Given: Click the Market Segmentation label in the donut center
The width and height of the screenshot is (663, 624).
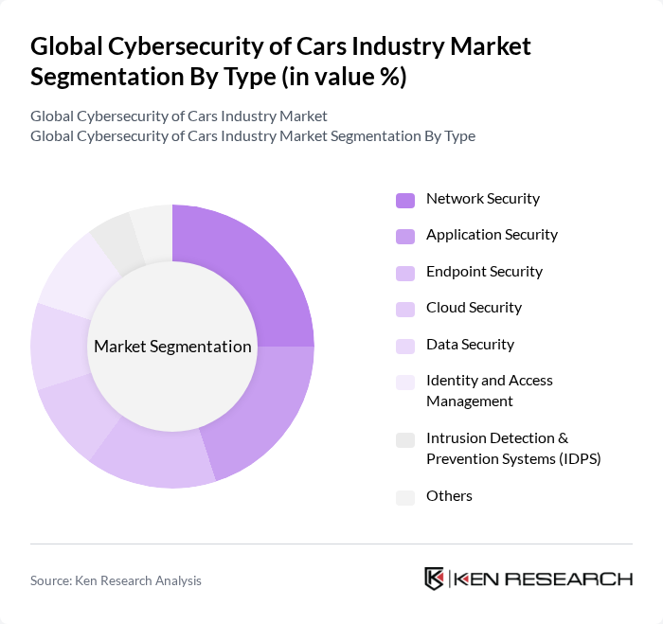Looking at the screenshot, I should click(x=172, y=346).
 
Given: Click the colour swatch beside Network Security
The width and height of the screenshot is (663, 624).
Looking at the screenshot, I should click(x=405, y=200).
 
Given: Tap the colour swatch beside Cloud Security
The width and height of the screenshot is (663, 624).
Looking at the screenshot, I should click(x=405, y=309).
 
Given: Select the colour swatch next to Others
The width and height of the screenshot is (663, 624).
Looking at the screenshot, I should click(x=405, y=497).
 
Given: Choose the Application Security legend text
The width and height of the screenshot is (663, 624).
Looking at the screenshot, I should click(x=492, y=235).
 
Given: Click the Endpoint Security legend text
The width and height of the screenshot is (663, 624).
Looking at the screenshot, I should click(x=484, y=272).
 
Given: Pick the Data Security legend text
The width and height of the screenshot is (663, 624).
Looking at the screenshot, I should click(x=470, y=345).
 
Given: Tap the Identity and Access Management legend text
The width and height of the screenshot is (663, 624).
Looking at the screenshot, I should click(x=489, y=390).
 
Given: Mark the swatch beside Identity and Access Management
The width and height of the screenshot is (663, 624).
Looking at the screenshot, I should click(x=405, y=382).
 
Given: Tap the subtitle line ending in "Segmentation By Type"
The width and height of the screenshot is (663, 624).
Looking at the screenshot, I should click(x=253, y=135).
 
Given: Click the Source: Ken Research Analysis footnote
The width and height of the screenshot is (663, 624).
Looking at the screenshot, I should click(x=116, y=580).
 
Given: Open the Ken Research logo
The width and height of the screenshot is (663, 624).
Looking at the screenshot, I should click(x=528, y=579).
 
